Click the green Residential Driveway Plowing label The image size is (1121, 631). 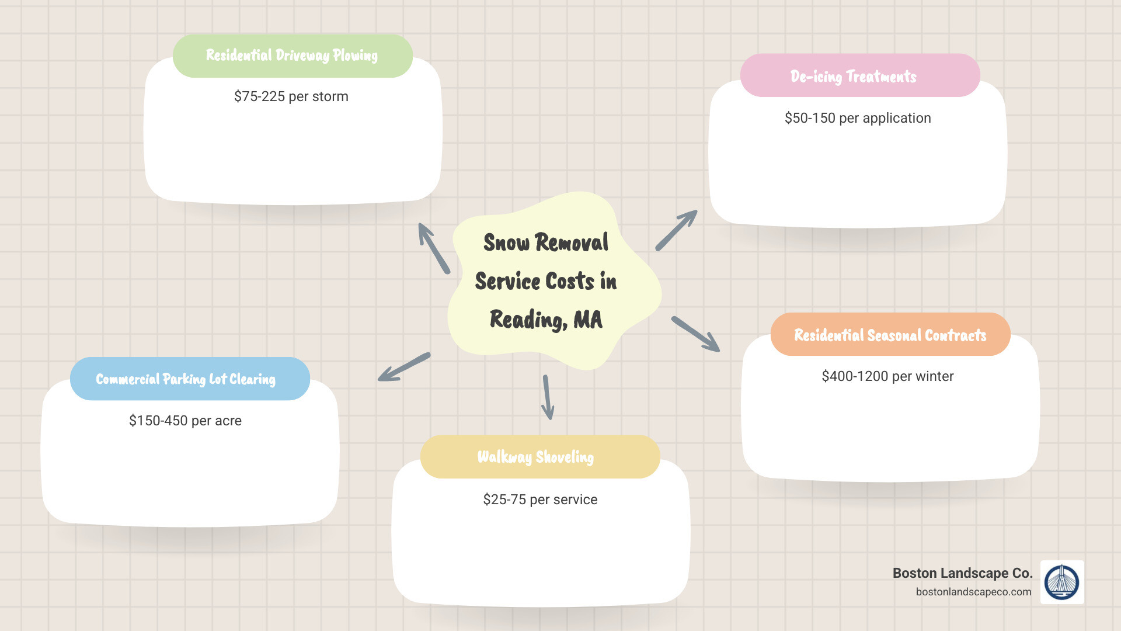293,56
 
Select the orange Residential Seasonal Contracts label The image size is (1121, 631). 890,334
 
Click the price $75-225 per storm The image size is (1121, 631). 291,96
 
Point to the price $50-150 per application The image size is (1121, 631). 858,118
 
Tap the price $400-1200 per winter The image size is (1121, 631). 887,376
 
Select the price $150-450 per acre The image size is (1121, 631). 185,421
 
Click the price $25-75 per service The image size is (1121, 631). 540,500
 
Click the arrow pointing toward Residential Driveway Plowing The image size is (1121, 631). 434,248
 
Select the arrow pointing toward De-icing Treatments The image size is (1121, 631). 677,230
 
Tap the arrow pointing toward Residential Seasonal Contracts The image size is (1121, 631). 696,334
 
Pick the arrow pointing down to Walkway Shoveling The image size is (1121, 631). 548,397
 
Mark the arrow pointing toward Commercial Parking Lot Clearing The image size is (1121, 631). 404,367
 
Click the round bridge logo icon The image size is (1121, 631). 1062,582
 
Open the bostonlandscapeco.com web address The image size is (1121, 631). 973,592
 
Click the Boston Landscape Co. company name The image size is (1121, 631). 962,573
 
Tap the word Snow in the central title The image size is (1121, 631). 506,242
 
